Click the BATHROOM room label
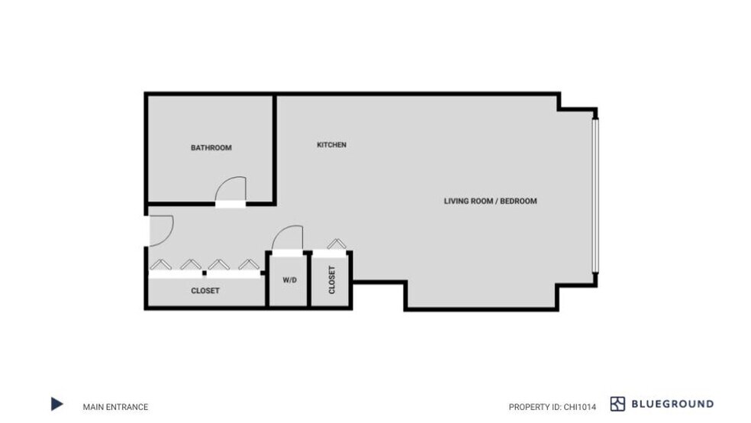coord(211,148)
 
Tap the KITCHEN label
coord(331,145)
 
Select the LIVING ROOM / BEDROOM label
coord(490,202)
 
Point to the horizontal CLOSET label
coord(205,291)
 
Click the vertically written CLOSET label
coord(331,280)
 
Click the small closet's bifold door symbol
coord(336,244)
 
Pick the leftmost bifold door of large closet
coord(160,264)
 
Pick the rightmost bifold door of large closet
coord(247,264)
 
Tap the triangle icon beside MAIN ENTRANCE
coord(56,404)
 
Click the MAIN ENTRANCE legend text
coord(115,407)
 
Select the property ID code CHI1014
coord(579,407)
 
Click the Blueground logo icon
coord(617,404)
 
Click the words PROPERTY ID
coord(533,407)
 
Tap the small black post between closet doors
coord(205,272)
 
